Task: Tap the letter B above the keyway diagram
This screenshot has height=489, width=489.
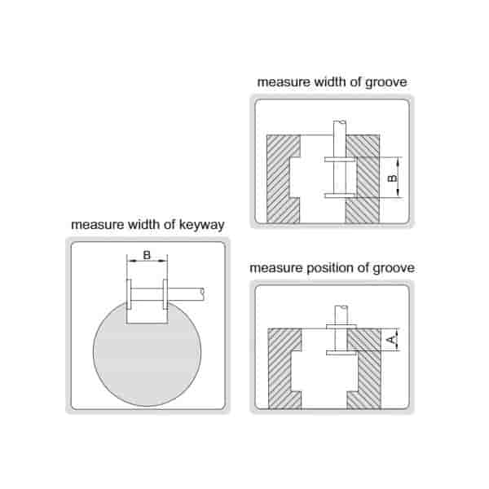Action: tap(147, 255)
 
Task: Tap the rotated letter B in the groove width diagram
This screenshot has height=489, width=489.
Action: tap(391, 177)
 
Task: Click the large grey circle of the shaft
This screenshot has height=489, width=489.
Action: tap(147, 359)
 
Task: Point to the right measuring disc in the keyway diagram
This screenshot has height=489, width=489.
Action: tap(165, 294)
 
